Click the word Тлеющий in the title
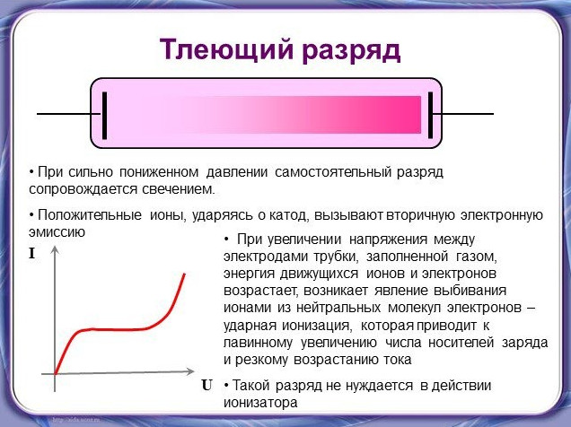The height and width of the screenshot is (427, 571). pyautogui.click(x=226, y=50)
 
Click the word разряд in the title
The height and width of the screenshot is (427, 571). pyautogui.click(x=351, y=52)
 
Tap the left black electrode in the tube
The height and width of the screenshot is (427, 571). pyautogui.click(x=104, y=116)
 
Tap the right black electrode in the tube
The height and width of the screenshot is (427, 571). pyautogui.click(x=430, y=116)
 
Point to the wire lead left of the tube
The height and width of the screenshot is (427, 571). pyautogui.click(x=69, y=114)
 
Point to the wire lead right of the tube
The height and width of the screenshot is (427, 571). pyautogui.click(x=463, y=114)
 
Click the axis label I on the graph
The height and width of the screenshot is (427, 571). pyautogui.click(x=32, y=254)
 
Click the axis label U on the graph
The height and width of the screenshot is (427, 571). pyautogui.click(x=206, y=385)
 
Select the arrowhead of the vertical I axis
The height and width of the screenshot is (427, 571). pyautogui.click(x=55, y=250)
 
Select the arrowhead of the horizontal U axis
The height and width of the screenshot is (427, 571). pyautogui.click(x=190, y=371)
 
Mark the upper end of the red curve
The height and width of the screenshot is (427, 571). pyautogui.click(x=184, y=274)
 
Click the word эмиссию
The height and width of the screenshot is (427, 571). pyautogui.click(x=57, y=232)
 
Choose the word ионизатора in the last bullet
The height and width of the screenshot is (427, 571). pyautogui.click(x=260, y=403)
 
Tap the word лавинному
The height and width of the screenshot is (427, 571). pyautogui.click(x=259, y=343)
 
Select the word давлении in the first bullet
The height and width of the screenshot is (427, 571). pyautogui.click(x=237, y=172)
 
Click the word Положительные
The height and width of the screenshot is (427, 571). pyautogui.click(x=90, y=215)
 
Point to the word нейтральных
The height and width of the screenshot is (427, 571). pyautogui.click(x=338, y=308)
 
